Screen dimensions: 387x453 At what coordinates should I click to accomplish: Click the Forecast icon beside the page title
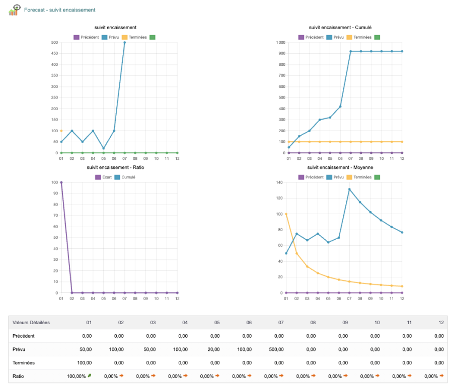(x=15, y=10)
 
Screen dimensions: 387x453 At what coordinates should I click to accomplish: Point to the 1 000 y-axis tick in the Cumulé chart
(x=279, y=42)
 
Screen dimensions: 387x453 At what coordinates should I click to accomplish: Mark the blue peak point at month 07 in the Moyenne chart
(x=349, y=189)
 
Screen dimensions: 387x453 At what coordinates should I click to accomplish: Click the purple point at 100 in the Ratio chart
(x=61, y=182)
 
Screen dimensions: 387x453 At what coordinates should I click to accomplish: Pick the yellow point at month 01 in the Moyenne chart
(x=286, y=214)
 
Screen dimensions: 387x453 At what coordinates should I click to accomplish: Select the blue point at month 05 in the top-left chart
(x=104, y=148)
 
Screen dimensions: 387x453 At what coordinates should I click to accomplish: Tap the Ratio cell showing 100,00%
(x=77, y=375)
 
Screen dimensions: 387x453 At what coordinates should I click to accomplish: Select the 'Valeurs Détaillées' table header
(x=31, y=323)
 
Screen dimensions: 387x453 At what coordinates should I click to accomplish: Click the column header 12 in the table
(x=441, y=323)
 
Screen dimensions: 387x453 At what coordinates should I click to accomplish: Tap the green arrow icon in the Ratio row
(x=89, y=375)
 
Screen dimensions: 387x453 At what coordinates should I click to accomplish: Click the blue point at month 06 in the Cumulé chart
(x=340, y=107)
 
